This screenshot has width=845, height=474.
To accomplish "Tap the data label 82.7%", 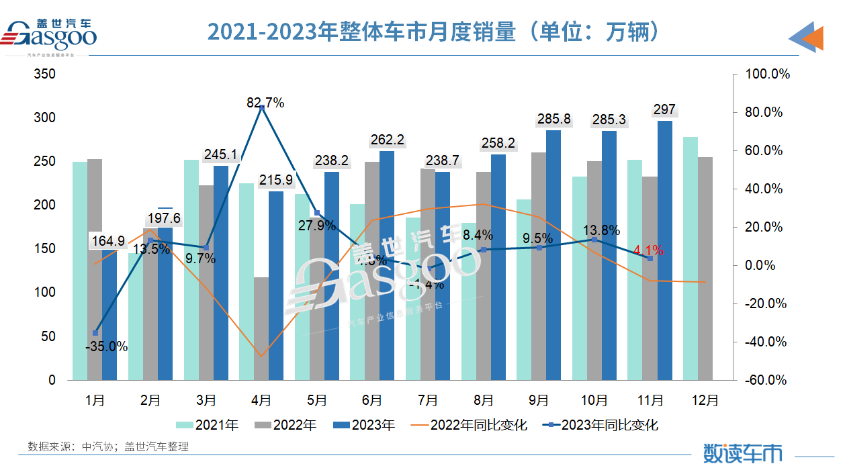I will click(x=265, y=103).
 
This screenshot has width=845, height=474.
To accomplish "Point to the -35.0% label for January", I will click(x=106, y=346).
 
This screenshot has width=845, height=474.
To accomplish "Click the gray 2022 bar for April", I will click(x=261, y=328).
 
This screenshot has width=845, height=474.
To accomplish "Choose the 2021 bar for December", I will click(x=690, y=258).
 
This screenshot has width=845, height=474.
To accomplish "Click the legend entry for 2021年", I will click(x=208, y=425).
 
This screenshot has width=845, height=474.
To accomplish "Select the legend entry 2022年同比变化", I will click(x=470, y=425).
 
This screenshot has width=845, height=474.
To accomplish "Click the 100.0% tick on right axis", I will click(x=768, y=74).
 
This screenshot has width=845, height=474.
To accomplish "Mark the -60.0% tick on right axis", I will click(x=766, y=380).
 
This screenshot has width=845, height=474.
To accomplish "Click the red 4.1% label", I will click(x=648, y=250).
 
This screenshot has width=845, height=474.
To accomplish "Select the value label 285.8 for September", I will click(x=554, y=120).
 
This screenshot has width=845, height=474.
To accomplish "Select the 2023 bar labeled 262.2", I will click(x=386, y=265).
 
